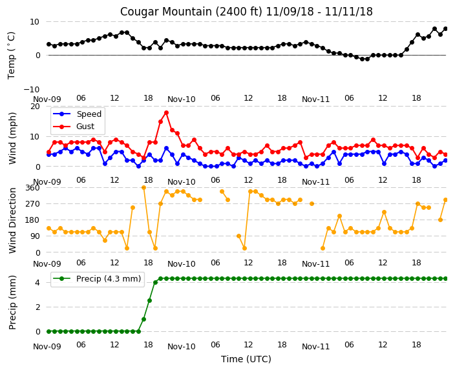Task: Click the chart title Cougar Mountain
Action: click(x=162, y=12)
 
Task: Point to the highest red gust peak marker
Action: click(x=166, y=112)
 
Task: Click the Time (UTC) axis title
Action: click(x=246, y=359)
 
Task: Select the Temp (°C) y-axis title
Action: click(x=12, y=56)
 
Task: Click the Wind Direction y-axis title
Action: click(x=12, y=220)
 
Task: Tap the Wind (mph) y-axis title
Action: click(x=12, y=138)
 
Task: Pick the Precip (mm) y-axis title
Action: click(x=12, y=302)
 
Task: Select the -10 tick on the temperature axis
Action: click(x=32, y=89)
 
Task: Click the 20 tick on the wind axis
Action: click(x=35, y=107)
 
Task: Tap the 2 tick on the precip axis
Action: click(x=37, y=307)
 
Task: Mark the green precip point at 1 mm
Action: click(x=143, y=319)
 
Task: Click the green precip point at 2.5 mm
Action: click(x=149, y=301)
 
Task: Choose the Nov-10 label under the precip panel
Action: click(x=182, y=347)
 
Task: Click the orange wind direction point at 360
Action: click(x=143, y=188)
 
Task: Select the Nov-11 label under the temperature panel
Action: click(x=315, y=99)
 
